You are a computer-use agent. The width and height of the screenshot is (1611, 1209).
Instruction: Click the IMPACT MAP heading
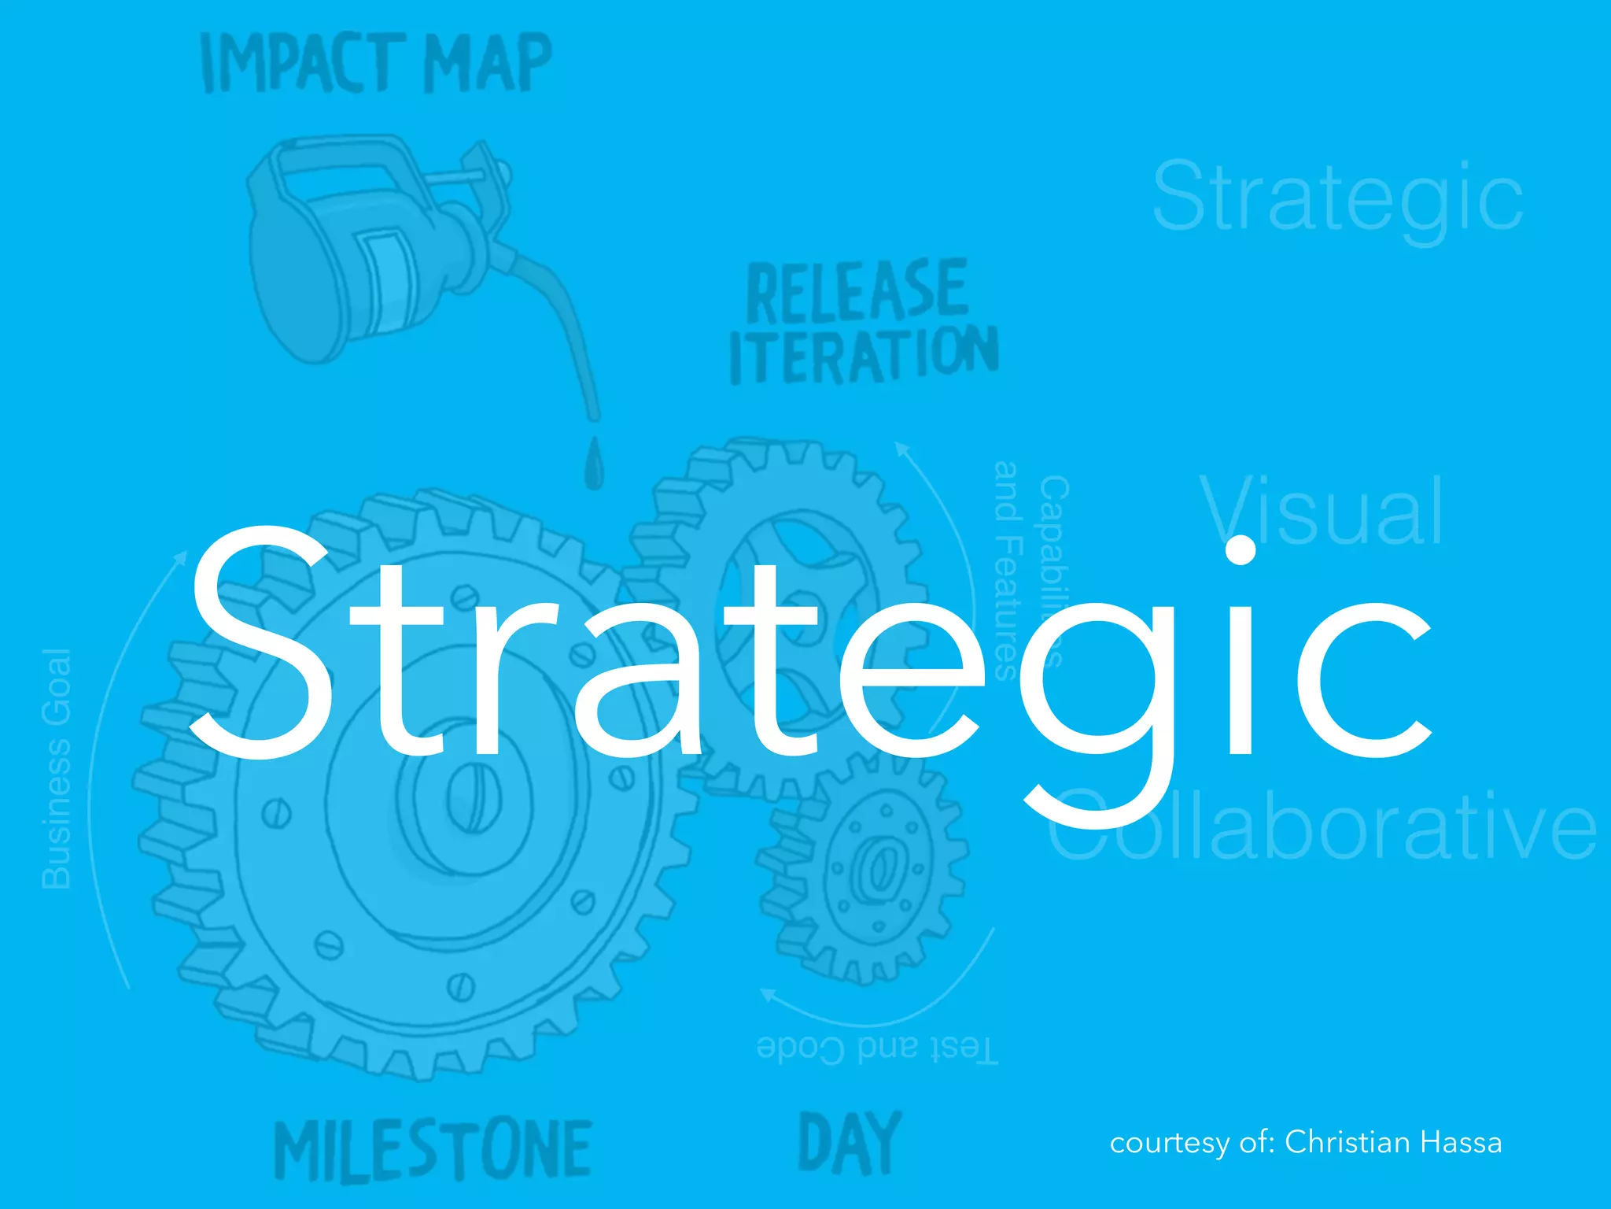click(x=376, y=63)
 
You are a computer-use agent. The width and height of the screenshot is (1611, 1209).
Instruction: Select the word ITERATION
click(x=864, y=356)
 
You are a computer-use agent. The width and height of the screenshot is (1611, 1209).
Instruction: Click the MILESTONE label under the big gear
click(x=433, y=1151)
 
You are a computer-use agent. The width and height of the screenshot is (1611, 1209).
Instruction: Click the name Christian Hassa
click(x=1393, y=1142)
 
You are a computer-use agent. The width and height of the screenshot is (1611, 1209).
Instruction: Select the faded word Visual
click(x=1322, y=512)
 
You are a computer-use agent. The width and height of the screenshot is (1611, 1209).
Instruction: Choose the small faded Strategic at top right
click(x=1337, y=197)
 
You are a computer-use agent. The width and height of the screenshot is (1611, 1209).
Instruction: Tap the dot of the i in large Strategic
click(x=1241, y=549)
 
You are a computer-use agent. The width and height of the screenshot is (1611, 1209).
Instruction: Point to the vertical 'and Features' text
click(x=1007, y=571)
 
